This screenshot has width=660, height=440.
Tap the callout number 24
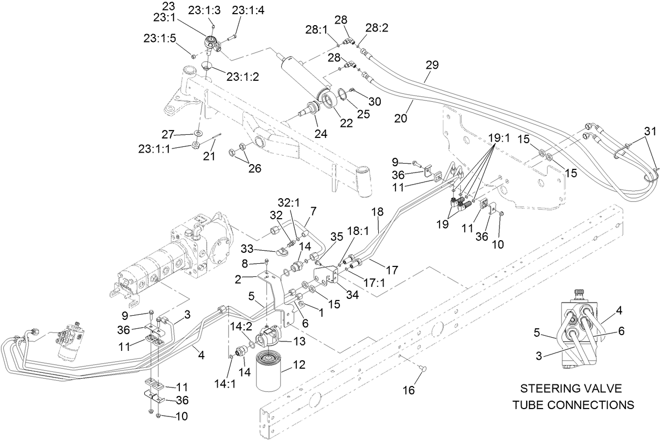click(x=321, y=134)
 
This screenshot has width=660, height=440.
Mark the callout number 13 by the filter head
click(x=300, y=341)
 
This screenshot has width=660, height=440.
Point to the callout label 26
click(x=255, y=169)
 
